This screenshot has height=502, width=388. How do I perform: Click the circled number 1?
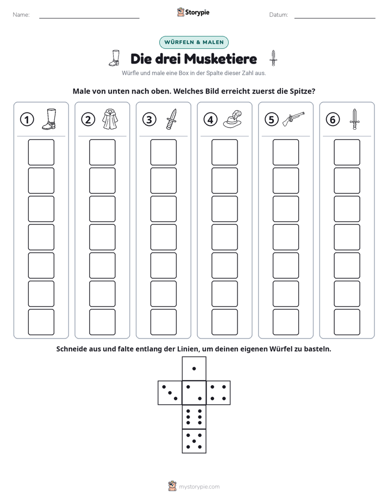pos(27,120)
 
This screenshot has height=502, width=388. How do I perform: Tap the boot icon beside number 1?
pos(49,119)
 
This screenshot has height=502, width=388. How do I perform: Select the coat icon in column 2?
pos(110,119)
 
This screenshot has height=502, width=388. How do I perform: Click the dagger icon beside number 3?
pos(171,119)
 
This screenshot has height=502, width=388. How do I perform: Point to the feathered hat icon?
pos(233,119)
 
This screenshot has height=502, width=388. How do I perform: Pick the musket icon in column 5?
pos(293,119)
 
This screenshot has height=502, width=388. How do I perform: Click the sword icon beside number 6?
pos(355,119)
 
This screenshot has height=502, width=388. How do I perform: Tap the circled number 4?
pos(210,120)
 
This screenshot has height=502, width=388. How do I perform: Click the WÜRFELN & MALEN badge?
pos(194,42)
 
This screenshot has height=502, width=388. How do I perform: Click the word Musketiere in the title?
pos(221,59)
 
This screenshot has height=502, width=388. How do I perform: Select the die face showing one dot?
pos(194,369)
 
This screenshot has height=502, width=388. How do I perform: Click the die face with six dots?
pos(194,417)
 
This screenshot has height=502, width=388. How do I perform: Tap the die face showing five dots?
pos(194,441)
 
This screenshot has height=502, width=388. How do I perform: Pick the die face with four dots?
pos(218,393)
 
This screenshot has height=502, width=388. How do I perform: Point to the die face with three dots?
pos(170,393)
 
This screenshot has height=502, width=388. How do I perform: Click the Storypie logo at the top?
pos(193,12)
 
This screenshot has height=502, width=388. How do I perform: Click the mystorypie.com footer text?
pos(199,487)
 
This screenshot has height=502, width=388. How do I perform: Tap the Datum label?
pos(278,15)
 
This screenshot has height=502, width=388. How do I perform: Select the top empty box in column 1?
pos(41,152)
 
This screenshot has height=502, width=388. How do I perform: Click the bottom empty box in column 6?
pos(347,322)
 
